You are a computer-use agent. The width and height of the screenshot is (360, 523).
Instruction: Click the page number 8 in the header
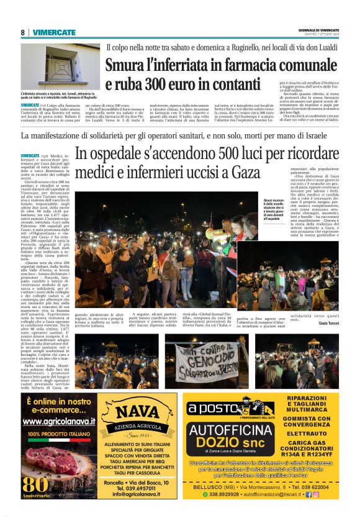click(23, 32)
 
